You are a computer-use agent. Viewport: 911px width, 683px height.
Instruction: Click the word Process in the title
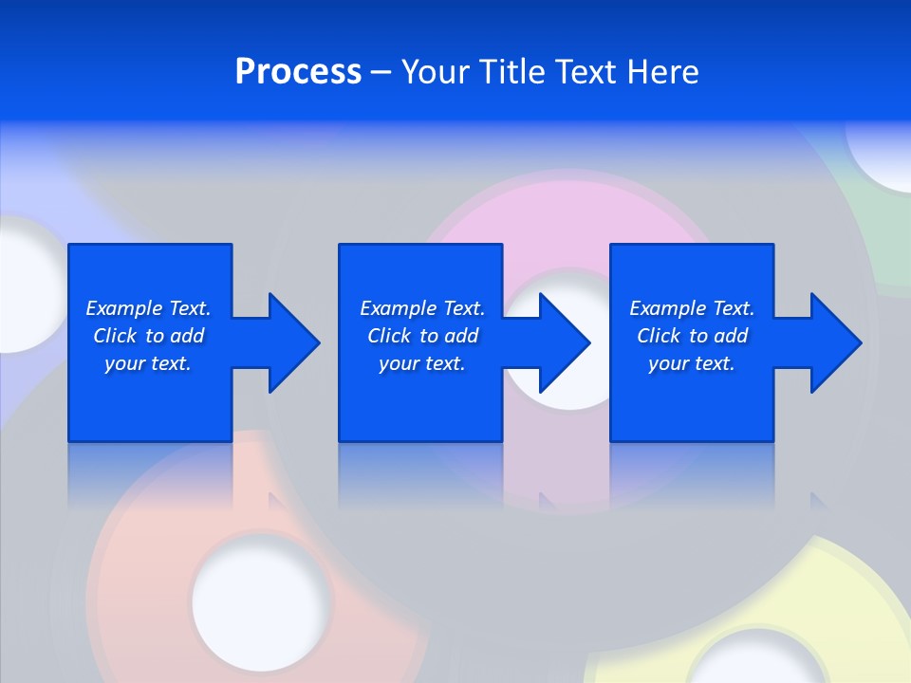tap(298, 72)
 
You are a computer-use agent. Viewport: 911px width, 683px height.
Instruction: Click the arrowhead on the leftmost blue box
tap(292, 342)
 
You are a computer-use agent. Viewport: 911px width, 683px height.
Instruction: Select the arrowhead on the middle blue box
tap(563, 342)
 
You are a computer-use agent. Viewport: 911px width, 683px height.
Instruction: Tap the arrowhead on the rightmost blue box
tap(834, 342)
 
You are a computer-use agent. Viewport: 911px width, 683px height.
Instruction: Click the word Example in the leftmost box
tap(124, 308)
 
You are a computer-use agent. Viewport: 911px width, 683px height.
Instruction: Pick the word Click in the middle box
tap(387, 336)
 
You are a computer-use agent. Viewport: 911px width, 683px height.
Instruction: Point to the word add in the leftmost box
tap(188, 336)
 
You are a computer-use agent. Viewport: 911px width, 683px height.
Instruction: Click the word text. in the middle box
tap(444, 363)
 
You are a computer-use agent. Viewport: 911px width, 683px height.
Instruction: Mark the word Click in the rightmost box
tap(658, 336)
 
